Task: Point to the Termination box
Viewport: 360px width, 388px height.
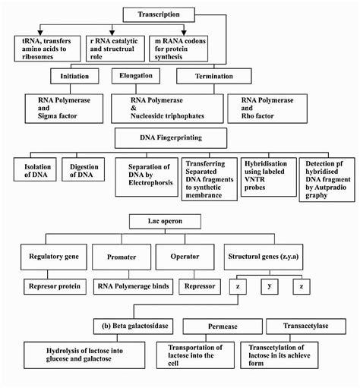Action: [x=208, y=76]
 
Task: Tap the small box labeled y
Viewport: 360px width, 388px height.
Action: [x=273, y=288]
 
